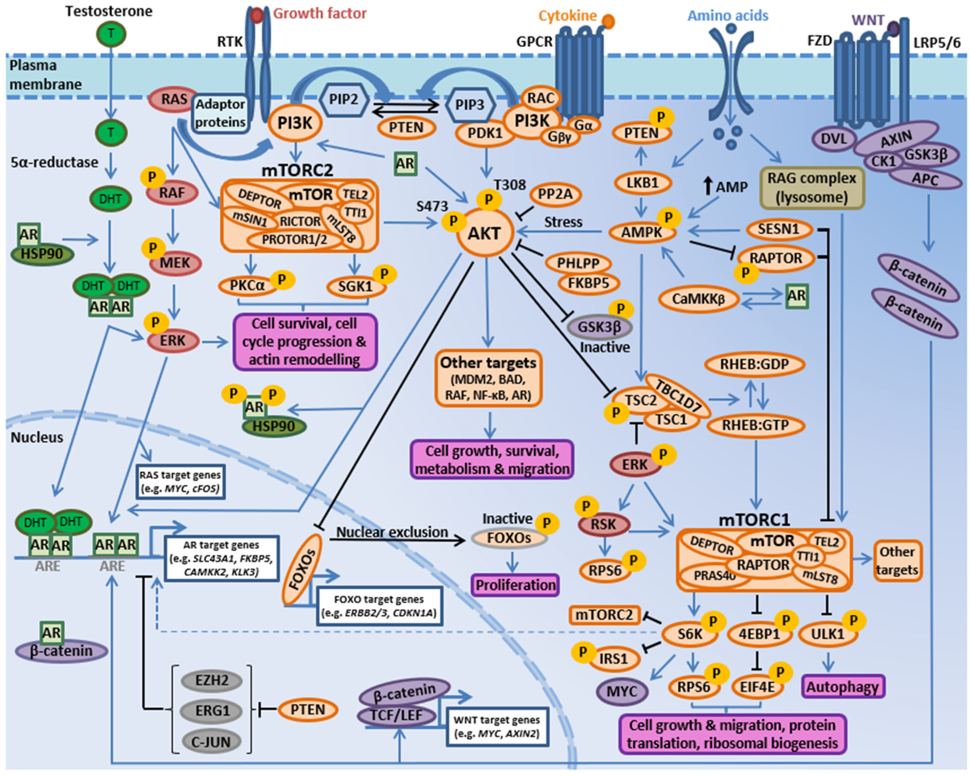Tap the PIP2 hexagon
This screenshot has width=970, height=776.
[344, 99]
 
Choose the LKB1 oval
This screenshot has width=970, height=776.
[643, 183]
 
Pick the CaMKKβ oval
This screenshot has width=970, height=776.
[698, 299]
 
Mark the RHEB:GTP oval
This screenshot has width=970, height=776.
[755, 425]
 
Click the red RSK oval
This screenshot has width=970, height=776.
[603, 525]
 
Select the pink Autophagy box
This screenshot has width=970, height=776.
[842, 687]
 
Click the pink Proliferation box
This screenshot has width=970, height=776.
[515, 585]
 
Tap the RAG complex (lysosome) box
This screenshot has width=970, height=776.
[811, 188]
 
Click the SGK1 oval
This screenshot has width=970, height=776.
[355, 286]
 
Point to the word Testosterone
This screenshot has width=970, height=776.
[109, 11]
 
